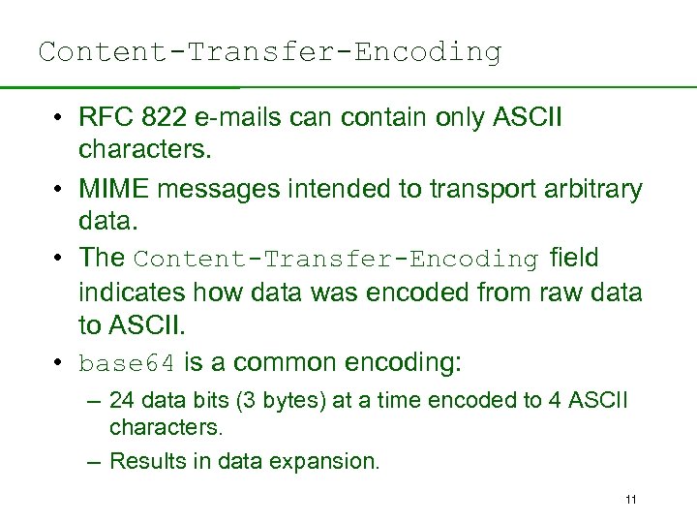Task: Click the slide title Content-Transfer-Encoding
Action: tap(270, 51)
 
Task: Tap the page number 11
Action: tap(631, 500)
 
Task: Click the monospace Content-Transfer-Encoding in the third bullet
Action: tap(336, 260)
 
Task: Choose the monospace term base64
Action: tap(127, 364)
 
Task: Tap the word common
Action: tap(283, 363)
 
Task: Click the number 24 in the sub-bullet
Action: tap(122, 400)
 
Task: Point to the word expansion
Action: tap(329, 462)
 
